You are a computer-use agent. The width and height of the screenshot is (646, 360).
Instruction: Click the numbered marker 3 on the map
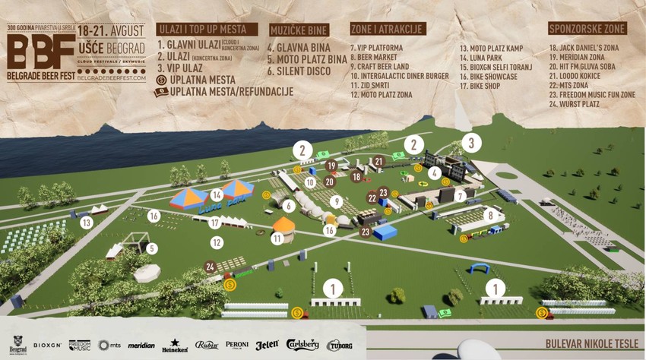(x=471, y=142)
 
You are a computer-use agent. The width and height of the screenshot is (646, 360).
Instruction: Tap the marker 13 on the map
(x=87, y=223)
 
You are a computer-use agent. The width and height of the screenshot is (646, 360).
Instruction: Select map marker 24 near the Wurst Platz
(x=210, y=267)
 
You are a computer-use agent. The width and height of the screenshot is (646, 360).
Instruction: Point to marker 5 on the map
(x=151, y=248)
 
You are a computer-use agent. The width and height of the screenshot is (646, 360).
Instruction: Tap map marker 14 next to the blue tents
(x=217, y=194)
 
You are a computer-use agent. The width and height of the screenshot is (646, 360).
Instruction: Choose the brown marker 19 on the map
(x=331, y=165)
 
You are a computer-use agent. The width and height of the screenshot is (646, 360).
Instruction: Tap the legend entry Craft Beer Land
(x=382, y=66)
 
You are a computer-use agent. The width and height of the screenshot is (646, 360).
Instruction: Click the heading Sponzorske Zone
(x=586, y=29)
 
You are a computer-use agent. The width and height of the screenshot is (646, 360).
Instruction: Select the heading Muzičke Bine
(x=298, y=30)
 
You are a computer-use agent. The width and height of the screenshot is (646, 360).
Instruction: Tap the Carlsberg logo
(x=302, y=345)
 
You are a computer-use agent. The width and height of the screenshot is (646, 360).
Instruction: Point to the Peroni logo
(x=237, y=345)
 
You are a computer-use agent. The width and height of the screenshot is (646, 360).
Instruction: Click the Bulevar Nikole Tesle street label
(x=591, y=344)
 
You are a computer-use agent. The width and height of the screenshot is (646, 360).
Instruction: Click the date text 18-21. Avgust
(x=110, y=30)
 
